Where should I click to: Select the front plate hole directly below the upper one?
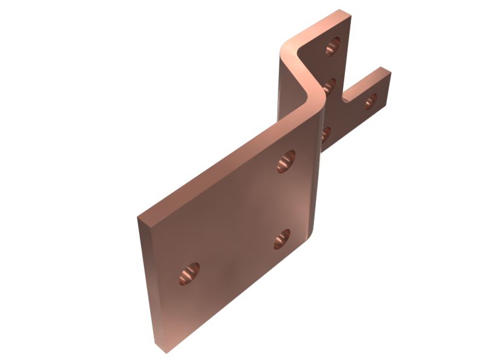(x=282, y=240)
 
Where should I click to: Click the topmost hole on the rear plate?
(x=332, y=46)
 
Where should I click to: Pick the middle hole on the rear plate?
(x=330, y=85)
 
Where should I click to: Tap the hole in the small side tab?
(x=370, y=101)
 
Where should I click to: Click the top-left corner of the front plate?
(x=139, y=217)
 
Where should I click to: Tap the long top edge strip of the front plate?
(x=224, y=166)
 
